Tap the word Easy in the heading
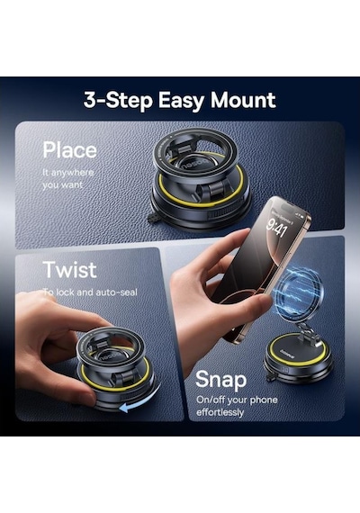[x=180, y=101]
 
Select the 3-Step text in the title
[x=118, y=101]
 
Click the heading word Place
[x=69, y=149]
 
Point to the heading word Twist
[x=69, y=270]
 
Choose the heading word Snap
[x=220, y=380]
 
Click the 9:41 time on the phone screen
[x=276, y=228]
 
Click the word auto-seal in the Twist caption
[x=115, y=292]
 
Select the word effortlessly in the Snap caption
[x=220, y=412]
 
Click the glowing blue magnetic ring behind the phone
[x=298, y=292]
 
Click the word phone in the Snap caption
[x=263, y=400]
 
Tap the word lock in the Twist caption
[x=65, y=292]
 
